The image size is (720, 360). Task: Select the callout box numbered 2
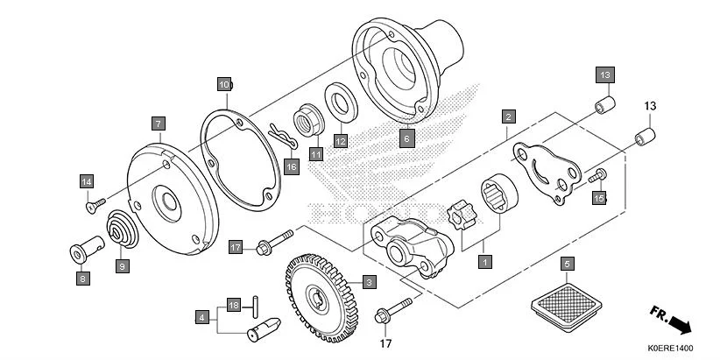[x=507, y=116]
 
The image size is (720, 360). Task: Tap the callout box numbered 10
[x=225, y=84]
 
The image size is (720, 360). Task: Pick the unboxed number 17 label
[x=383, y=343]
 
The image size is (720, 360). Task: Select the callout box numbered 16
[x=292, y=166]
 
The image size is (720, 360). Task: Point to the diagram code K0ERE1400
[x=671, y=349]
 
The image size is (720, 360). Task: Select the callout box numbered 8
[x=83, y=279]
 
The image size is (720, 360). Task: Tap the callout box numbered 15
[x=599, y=199]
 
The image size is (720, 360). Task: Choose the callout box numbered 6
[x=407, y=138]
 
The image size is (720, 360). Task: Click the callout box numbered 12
[x=340, y=140]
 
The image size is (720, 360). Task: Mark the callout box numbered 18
[x=233, y=305]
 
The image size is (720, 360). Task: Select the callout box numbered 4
[x=202, y=317]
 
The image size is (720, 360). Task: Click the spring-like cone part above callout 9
[x=121, y=229]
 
